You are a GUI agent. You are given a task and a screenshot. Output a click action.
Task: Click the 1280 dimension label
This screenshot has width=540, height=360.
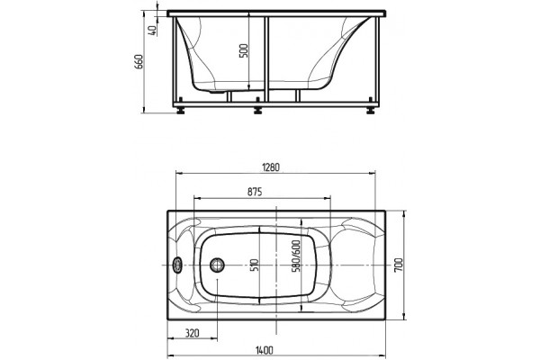(x=271, y=167)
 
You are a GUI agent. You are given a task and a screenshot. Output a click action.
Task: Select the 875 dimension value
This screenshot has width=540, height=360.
(x=255, y=192)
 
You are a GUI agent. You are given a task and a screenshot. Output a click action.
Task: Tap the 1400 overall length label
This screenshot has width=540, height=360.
(x=265, y=350)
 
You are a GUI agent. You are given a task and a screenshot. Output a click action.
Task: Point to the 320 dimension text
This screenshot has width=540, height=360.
(x=193, y=333)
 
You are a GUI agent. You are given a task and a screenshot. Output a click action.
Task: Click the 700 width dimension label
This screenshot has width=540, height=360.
(x=399, y=265)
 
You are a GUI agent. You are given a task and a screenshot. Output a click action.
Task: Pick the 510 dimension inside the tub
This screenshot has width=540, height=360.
(x=256, y=265)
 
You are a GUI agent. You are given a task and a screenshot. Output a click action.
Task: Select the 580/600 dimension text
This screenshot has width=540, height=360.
(x=296, y=256)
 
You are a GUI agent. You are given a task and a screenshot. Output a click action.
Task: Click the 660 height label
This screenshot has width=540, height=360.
(x=139, y=62)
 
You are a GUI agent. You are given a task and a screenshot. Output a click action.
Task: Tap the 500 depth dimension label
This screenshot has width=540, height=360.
(x=244, y=51)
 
